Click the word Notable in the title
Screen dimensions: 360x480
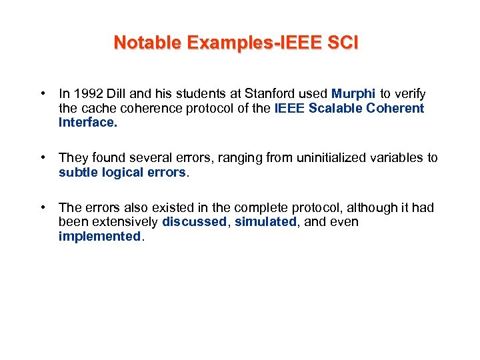[x=147, y=43]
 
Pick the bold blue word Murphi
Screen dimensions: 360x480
[x=353, y=94]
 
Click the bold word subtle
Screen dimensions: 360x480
[x=77, y=172]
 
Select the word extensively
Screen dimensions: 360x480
[x=123, y=222]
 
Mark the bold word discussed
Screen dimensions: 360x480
[x=194, y=222]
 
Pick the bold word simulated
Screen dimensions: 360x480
[x=265, y=222]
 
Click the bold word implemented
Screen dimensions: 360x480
[x=99, y=236]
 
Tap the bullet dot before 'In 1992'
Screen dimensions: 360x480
[x=42, y=94]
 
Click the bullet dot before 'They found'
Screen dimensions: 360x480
[x=42, y=158]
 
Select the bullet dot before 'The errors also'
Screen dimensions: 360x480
[x=42, y=208]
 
